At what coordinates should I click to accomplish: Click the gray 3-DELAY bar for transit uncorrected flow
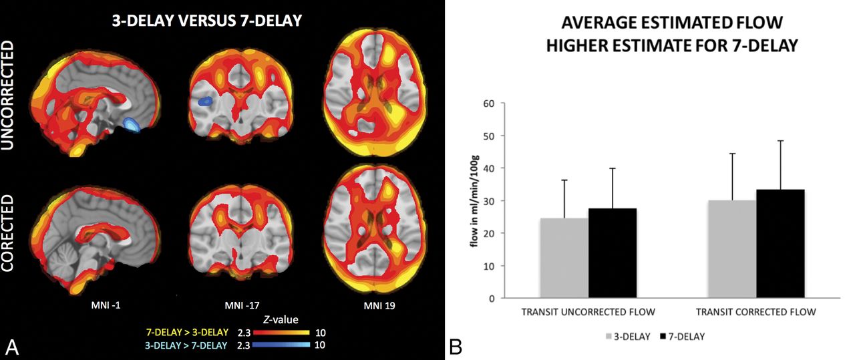tap(564, 258)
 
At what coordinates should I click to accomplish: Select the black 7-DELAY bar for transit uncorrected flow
tap(613, 253)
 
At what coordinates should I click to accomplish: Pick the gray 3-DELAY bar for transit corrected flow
tap(732, 249)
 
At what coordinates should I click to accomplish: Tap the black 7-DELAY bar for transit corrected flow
tap(780, 244)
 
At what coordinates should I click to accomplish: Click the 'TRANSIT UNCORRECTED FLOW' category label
tap(588, 312)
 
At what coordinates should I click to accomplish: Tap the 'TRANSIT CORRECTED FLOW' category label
tap(755, 312)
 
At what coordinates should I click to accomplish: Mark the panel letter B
tap(454, 346)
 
